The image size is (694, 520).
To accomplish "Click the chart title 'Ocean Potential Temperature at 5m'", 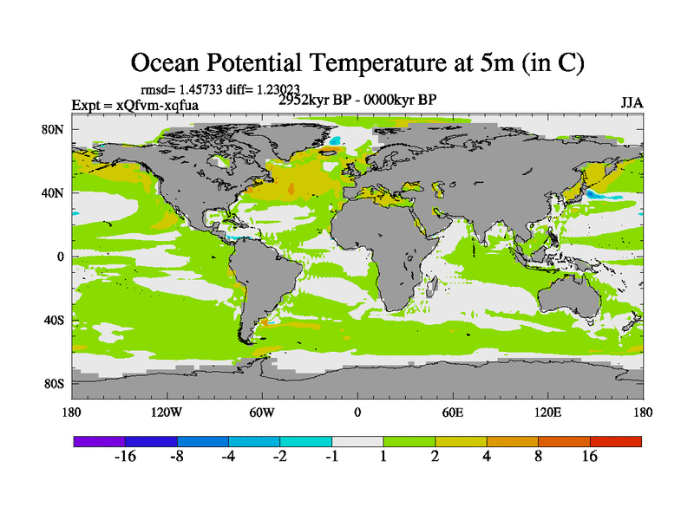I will [x=357, y=62].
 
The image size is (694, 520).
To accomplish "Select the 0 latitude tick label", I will [x=62, y=257].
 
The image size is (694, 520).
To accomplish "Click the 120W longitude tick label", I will [x=167, y=412].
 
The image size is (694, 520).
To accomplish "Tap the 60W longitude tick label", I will [x=262, y=412].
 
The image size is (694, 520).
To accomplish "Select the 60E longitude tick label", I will [x=452, y=412].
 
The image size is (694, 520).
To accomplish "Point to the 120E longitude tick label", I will [x=547, y=412].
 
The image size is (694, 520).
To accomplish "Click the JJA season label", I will [x=632, y=103].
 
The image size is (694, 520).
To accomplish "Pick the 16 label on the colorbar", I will [x=590, y=457].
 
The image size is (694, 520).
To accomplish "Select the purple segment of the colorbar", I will [x=99, y=441].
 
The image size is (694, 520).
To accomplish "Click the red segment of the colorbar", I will [x=616, y=441].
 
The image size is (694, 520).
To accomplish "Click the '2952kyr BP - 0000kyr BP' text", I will [x=357, y=100].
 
